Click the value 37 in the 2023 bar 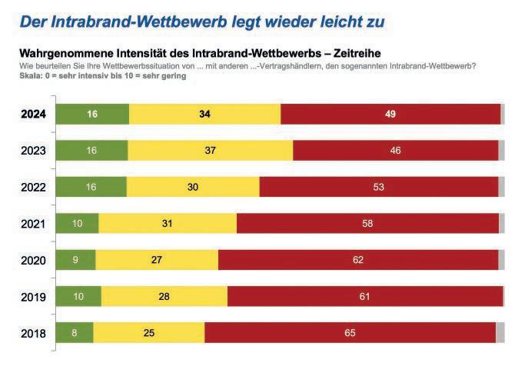tap(210, 150)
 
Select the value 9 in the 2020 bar tap(76, 260)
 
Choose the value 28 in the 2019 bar tap(164, 297)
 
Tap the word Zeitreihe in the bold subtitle tap(359, 54)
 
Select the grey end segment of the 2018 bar tap(500, 333)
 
